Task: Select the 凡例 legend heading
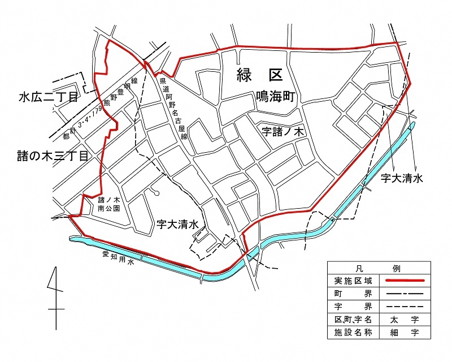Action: [x=379, y=268]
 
